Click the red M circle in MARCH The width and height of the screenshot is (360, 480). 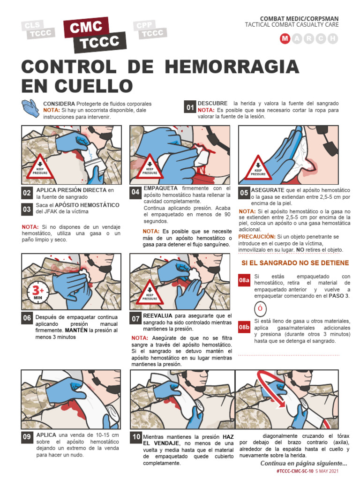285,39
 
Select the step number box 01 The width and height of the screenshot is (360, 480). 190,108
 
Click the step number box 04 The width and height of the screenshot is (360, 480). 135,192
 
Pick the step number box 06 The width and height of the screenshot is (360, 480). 27,318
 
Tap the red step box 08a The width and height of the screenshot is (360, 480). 244,281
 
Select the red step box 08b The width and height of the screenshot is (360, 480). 244,327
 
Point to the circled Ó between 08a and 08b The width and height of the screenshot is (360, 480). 259,309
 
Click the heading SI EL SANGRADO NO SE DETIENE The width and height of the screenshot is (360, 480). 295,263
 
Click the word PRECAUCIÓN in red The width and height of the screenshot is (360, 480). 257,237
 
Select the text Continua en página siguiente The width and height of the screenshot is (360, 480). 304,464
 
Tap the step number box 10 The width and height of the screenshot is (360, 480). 136,437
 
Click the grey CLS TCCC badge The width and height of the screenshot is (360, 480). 38,30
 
